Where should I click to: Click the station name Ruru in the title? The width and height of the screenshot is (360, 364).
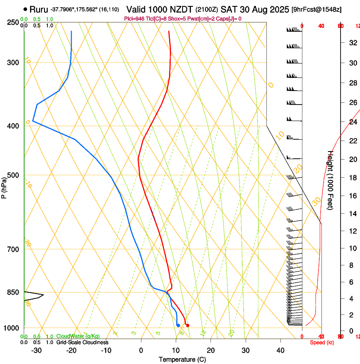click(39, 9)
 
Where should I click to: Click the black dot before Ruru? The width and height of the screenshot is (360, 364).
click(26, 9)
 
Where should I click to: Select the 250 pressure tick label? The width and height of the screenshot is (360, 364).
click(13, 22)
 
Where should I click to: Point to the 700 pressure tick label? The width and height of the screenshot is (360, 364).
click(13, 249)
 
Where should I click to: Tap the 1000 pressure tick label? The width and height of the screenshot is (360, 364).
click(12, 328)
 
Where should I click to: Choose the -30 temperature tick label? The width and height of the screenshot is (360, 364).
click(36, 350)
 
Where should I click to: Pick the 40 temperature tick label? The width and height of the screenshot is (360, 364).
click(280, 350)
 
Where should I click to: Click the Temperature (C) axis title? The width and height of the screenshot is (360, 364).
click(182, 359)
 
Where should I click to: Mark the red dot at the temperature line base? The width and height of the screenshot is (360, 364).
click(188, 325)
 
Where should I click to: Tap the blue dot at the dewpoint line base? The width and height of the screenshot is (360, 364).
click(178, 325)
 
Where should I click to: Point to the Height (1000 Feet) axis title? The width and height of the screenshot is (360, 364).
click(330, 180)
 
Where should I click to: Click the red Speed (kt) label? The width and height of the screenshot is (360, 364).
click(321, 342)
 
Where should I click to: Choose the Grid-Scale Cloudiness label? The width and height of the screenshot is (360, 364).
click(82, 342)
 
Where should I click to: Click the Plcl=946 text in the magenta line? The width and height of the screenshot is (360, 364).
click(134, 19)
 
